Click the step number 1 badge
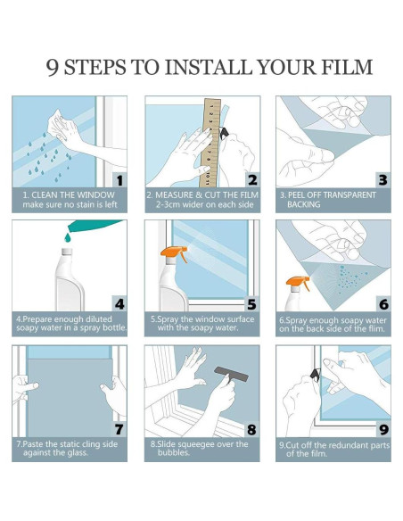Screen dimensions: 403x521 (119, 180)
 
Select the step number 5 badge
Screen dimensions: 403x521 (252, 304)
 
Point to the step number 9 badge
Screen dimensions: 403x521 (383, 429)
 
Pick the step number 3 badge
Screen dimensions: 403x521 (383, 180)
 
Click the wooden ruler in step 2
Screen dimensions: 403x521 (211, 143)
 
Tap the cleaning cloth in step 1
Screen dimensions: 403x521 (59, 127)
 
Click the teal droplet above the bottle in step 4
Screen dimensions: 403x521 (68, 237)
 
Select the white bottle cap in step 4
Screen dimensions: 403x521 (67, 252)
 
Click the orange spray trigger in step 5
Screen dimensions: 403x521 (174, 253)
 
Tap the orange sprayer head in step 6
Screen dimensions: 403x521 (298, 283)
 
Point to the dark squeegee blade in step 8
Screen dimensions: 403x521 (232, 374)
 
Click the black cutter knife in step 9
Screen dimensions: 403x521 (316, 374)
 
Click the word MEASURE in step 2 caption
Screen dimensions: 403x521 (174, 194)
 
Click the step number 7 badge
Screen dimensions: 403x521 (119, 429)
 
